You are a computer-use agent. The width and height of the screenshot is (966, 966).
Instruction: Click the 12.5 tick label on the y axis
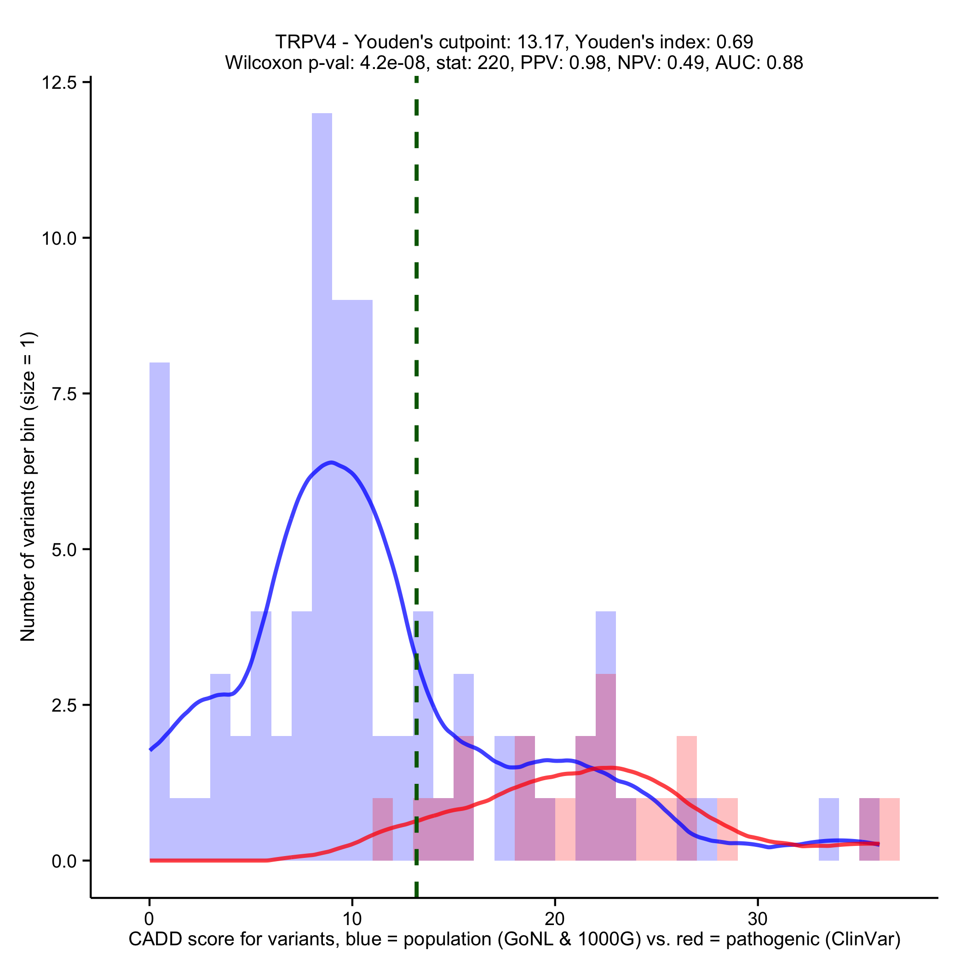[x=58, y=83]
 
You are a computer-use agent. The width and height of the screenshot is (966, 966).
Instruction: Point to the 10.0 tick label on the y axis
[x=58, y=238]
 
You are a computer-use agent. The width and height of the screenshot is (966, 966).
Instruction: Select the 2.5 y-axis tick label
[x=64, y=706]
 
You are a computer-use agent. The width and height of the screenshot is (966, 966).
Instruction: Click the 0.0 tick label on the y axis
[x=64, y=861]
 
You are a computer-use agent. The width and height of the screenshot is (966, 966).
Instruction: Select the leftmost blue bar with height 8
[x=160, y=600]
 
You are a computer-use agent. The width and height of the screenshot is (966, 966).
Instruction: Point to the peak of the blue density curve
[x=331, y=462]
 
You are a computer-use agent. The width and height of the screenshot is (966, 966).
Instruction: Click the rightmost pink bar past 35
[x=890, y=829]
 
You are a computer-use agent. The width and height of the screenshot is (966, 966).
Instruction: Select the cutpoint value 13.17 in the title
[x=542, y=42]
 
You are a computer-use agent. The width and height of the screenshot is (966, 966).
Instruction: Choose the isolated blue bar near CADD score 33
[x=828, y=829]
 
